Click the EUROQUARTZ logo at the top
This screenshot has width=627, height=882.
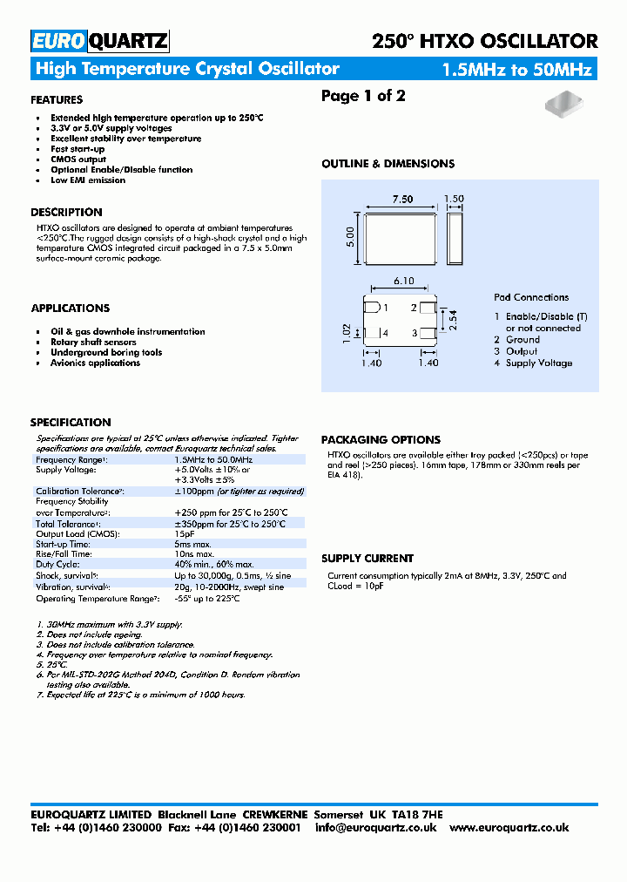coord(99,41)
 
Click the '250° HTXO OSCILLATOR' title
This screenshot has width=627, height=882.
coord(484,41)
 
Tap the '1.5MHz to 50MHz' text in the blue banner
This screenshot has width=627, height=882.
coord(516,70)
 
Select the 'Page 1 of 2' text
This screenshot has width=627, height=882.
coord(363,96)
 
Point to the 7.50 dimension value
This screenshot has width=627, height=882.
coord(402,199)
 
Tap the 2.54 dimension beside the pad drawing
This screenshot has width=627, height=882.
coord(453,321)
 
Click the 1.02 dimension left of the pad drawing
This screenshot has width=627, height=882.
coord(345,332)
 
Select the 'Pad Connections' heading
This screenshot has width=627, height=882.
coord(531,297)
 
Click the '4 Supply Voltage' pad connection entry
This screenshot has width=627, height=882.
coord(533,363)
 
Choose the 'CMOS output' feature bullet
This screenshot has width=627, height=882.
coord(78,159)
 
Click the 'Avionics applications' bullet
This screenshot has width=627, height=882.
coord(95,363)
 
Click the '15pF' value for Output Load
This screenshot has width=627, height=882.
coord(185,533)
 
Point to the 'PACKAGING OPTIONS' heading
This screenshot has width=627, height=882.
coord(381,440)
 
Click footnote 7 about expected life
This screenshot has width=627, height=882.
coord(141,695)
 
